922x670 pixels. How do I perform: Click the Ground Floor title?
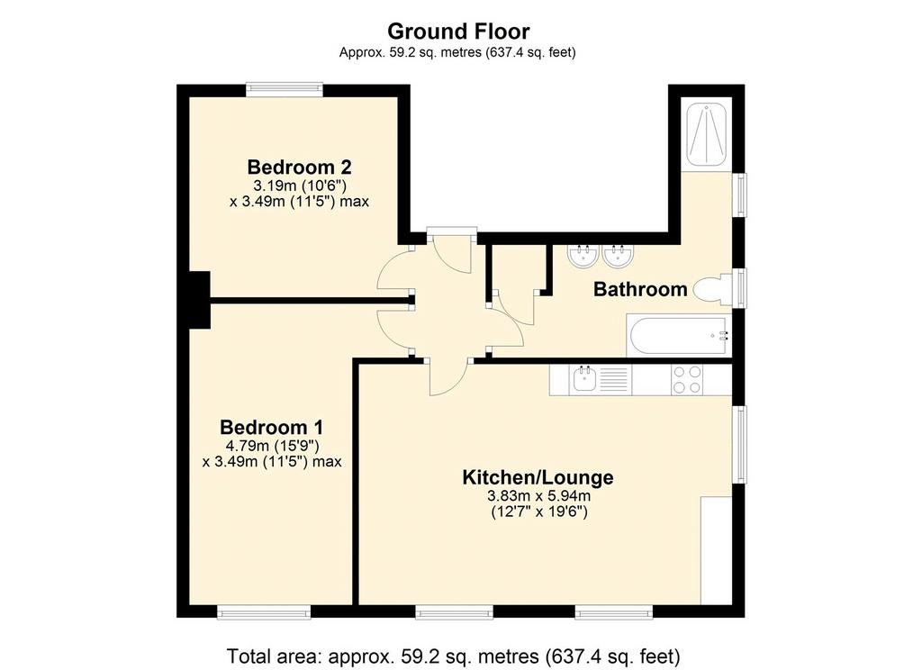coord(458,31)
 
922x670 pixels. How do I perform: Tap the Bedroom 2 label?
coord(299,167)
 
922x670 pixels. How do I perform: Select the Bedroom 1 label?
coord(272,427)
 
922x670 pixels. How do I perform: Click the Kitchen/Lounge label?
coord(538,477)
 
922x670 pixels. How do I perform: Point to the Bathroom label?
coord(640,289)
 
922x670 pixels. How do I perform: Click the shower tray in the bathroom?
coord(706,134)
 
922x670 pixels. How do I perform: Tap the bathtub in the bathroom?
coord(679,336)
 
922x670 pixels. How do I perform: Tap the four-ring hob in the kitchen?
coord(687,380)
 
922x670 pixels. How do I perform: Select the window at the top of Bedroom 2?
coord(285,89)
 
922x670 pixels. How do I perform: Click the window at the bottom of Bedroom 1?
coord(264,612)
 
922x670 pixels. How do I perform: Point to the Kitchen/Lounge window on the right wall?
coord(739,445)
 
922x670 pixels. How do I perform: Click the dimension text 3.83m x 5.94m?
coord(539,495)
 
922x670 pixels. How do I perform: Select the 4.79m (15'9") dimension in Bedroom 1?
coord(272,445)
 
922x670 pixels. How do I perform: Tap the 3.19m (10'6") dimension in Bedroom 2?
coord(299,186)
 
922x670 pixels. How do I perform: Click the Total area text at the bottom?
coord(454,656)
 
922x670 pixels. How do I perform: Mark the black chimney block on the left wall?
coord(199,300)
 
